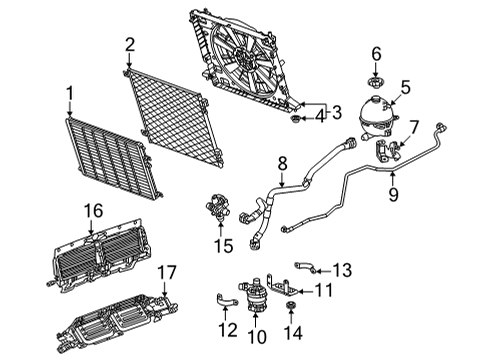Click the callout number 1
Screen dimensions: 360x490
(70, 94)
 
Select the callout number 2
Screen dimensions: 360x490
(130, 43)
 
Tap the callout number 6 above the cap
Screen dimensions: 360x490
(376, 52)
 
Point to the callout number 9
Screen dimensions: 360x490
(392, 195)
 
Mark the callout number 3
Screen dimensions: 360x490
(337, 111)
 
